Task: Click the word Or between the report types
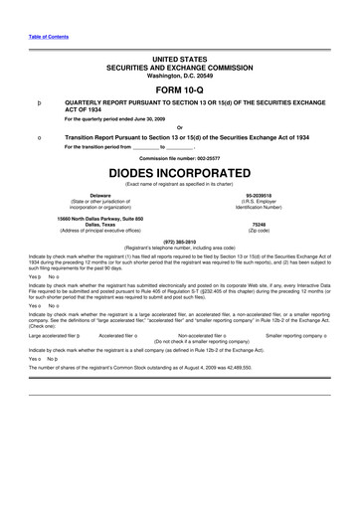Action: point(180,125)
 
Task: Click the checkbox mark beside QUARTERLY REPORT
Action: point(38,102)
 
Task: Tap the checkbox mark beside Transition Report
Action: point(38,136)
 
